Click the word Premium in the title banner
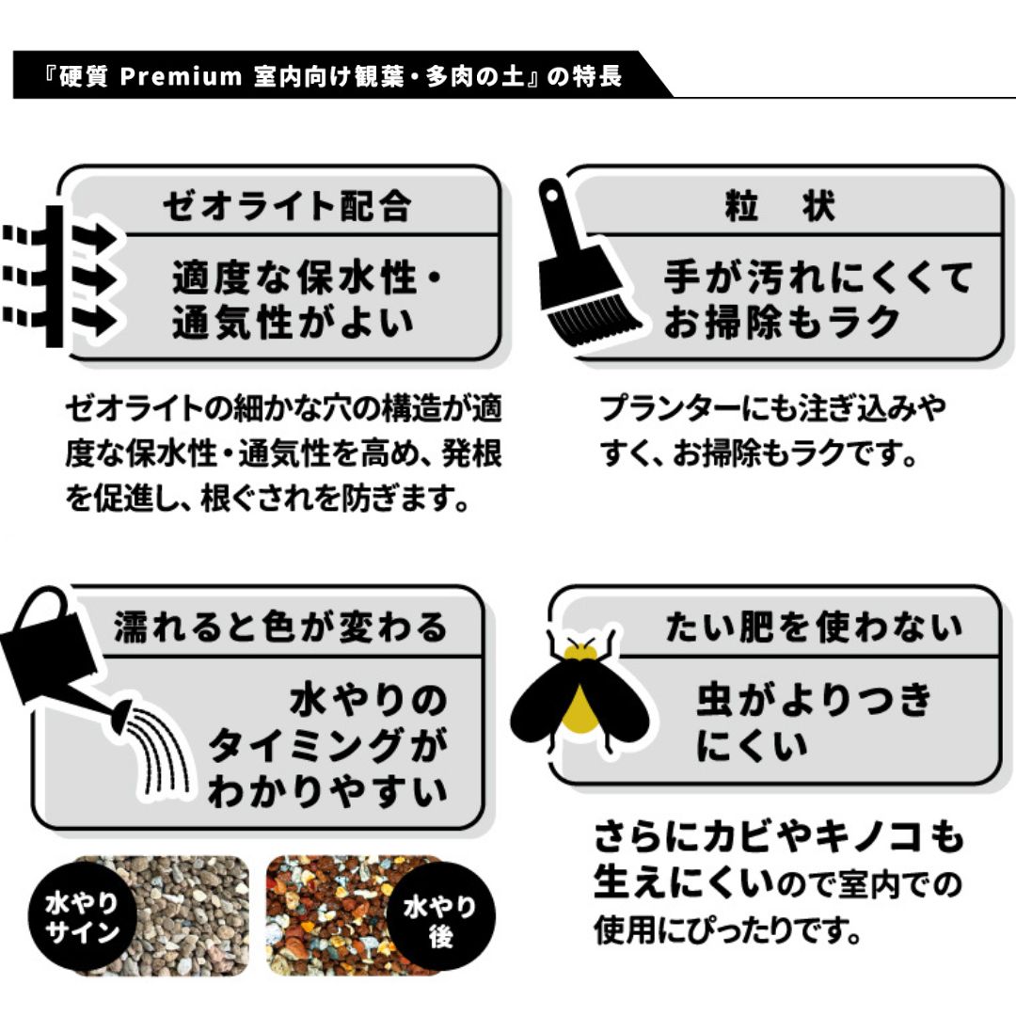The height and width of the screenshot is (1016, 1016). (181, 76)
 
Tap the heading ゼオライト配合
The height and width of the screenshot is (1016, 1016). (287, 206)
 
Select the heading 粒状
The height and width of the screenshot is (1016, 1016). (781, 206)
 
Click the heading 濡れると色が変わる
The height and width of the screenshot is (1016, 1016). (281, 627)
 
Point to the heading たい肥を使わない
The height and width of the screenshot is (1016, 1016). (815, 627)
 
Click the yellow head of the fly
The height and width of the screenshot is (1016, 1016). (579, 651)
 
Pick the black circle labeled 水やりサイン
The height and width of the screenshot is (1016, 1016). (82, 916)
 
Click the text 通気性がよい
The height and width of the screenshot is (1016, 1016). (293, 322)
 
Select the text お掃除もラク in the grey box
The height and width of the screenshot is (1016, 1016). (782, 322)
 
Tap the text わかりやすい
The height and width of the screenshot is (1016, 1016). (327, 791)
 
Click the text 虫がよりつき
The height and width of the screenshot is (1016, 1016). (815, 700)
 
